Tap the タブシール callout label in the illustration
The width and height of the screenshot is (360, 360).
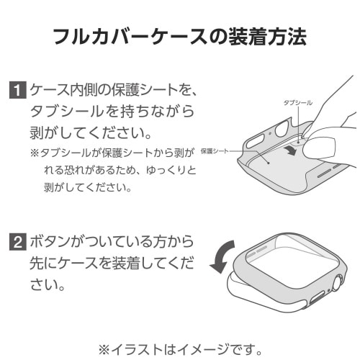click(298, 103)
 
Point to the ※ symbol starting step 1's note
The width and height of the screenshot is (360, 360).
click(34, 154)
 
